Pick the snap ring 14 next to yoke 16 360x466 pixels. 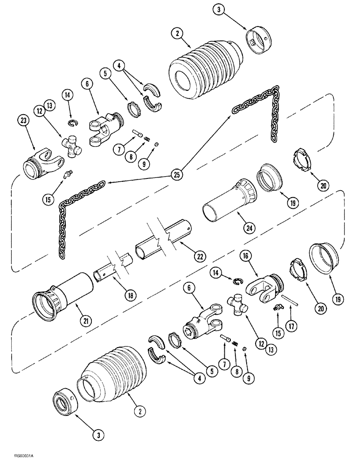tap(238, 281)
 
